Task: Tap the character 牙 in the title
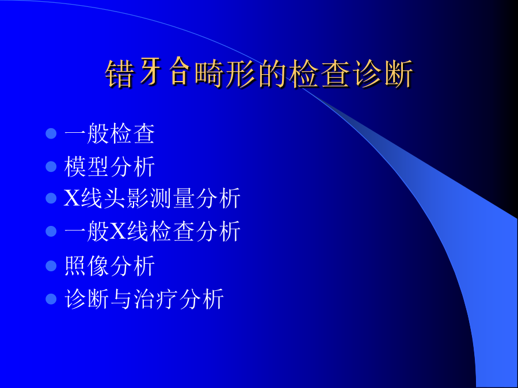point(150,72)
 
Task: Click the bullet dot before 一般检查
point(51,133)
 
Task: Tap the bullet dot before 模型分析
point(51,166)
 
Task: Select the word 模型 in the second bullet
point(86,166)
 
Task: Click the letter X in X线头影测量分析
point(72,198)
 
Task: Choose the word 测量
point(173,198)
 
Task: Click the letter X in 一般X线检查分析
point(118,231)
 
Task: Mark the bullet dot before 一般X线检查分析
point(51,231)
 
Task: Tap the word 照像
point(86,266)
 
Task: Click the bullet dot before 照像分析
point(51,266)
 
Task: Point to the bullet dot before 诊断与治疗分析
point(51,299)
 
